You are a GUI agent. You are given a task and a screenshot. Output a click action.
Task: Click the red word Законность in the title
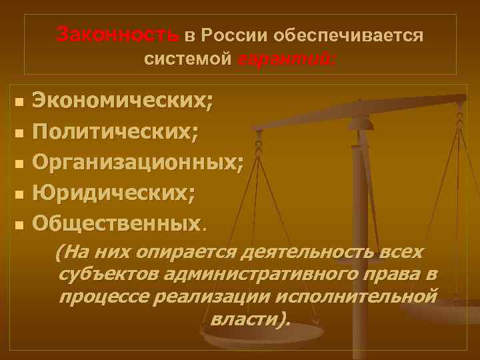pyautogui.click(x=119, y=33)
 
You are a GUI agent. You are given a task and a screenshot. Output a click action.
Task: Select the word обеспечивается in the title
pyautogui.click(x=347, y=34)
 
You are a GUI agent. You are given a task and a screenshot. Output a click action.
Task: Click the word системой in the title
pyautogui.click(x=188, y=59)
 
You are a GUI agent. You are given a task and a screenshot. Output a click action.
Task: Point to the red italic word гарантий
pyautogui.click(x=288, y=59)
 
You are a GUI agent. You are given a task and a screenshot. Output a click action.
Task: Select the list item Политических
pyautogui.click(x=115, y=132)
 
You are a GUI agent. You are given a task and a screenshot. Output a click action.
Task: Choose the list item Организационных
pyautogui.click(x=137, y=162)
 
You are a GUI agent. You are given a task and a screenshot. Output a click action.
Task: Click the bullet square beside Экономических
pyautogui.click(x=19, y=103)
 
